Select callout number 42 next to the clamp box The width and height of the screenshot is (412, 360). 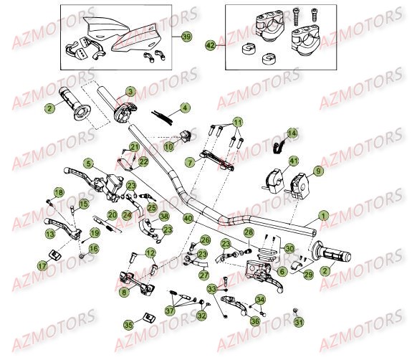pos(210,45)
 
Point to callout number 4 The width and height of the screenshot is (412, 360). pos(186,108)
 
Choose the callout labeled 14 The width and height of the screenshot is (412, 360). pos(293,133)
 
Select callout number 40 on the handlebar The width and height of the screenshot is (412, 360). pos(188,217)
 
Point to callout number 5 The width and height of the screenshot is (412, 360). pos(87,163)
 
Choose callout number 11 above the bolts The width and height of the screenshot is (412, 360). pos(236,123)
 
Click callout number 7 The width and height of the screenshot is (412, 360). pos(189,163)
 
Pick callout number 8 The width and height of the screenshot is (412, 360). pos(126,292)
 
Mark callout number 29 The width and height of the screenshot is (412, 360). pos(309,275)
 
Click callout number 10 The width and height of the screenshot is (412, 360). pos(168,146)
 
